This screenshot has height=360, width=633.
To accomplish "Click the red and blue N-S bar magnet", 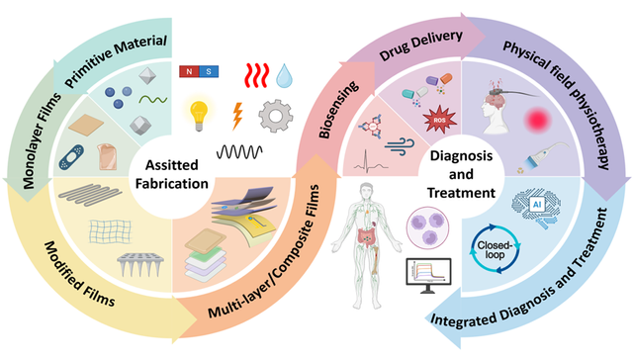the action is coord(199,71).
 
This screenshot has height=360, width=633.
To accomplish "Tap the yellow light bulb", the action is coord(199,115).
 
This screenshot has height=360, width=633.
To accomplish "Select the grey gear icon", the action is coord(276,116).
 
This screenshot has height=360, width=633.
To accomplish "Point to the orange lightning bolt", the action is coord(237,116).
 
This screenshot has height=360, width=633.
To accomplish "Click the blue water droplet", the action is coord(284,75).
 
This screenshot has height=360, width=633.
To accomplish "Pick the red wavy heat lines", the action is coord(257,75).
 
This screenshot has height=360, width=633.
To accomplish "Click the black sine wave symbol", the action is coord(239,152).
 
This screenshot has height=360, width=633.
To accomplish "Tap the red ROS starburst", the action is coord(439,119).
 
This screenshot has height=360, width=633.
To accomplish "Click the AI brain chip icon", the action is coord(536,206).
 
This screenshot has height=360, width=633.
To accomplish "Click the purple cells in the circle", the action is coord(428,226).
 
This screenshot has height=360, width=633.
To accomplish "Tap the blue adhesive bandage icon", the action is coord(72,156).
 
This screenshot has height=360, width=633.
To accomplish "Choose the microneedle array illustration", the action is coord(140,265).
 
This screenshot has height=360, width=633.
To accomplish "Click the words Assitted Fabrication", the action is coord(172,174).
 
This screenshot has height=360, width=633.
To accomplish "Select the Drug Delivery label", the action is coord(420,45).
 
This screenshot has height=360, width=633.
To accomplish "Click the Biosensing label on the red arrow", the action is coord(338,110).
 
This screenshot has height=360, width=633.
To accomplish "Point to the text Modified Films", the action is coord(79,274).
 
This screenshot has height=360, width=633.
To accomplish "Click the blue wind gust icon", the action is coord(400,146).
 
